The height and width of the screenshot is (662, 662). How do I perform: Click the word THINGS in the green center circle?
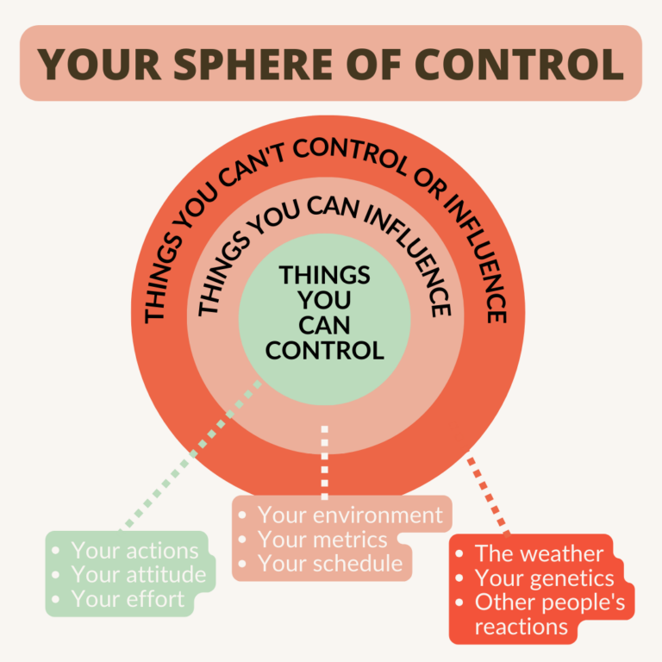click(325, 275)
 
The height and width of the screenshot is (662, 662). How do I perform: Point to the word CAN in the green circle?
click(325, 325)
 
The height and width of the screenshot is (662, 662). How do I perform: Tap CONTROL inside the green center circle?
click(325, 350)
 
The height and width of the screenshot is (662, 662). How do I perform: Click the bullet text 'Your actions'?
click(134, 550)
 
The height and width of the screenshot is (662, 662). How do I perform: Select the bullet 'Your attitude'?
click(139, 574)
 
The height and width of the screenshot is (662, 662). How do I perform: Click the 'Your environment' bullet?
click(350, 515)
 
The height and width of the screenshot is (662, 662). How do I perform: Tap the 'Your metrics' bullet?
click(322, 540)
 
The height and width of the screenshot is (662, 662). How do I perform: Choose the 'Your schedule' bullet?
click(330, 564)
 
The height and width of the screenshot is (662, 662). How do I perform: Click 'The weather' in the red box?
click(539, 553)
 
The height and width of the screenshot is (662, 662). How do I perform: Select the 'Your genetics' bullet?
click(544, 578)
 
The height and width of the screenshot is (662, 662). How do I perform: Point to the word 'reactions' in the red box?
click(521, 627)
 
